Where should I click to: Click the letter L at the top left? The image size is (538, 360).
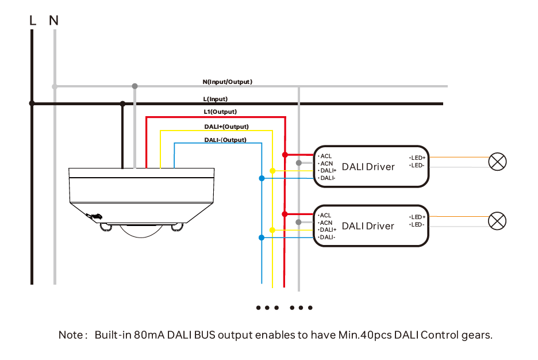[x=33, y=21]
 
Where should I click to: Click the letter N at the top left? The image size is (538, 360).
[x=53, y=21]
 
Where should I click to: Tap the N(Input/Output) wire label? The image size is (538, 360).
[x=227, y=82]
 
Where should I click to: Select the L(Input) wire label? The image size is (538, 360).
[x=216, y=99]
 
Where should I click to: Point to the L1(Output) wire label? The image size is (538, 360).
[x=220, y=112]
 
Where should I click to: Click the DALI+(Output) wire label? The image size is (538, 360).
[x=226, y=127]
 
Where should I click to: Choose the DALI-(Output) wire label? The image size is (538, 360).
[x=225, y=140]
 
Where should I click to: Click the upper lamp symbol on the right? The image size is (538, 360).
[x=497, y=162]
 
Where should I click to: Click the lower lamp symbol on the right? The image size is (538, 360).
[x=497, y=221]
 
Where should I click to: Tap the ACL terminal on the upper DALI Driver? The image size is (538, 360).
[x=325, y=156]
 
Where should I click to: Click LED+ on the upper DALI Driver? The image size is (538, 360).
[x=418, y=158]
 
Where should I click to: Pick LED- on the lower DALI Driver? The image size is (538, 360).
[x=417, y=224]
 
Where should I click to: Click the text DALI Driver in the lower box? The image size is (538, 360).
[x=368, y=226]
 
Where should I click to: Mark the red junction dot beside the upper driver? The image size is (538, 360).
[x=285, y=155]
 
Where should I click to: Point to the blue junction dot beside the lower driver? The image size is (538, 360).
[x=262, y=238]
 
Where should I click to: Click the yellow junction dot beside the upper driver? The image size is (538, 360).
[x=272, y=171]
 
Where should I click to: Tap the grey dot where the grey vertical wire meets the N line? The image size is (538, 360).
[x=135, y=86]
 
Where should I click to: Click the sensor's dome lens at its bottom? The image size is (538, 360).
[x=140, y=231]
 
